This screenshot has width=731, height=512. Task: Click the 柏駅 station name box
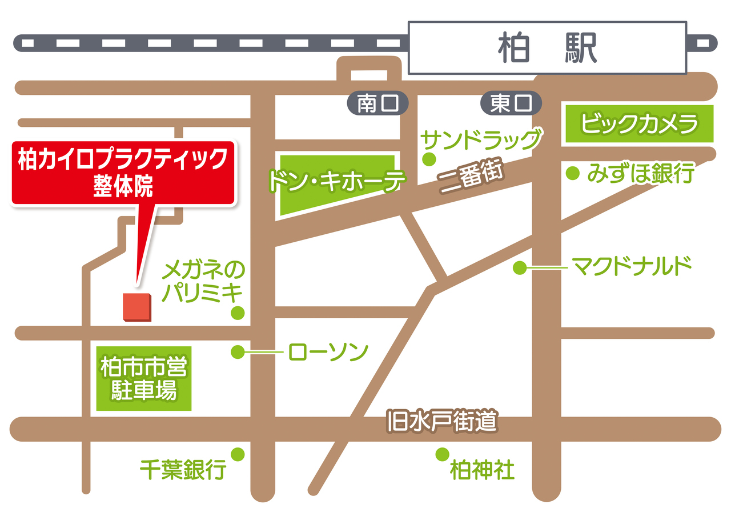[x=547, y=48]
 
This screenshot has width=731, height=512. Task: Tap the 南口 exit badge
[x=378, y=103]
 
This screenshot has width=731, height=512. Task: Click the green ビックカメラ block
[x=640, y=123]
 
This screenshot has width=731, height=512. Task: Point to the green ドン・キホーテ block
[x=337, y=182]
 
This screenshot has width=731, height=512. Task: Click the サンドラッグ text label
[x=480, y=139]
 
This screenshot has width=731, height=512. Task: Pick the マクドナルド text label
[x=632, y=266]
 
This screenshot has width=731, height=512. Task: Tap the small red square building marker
[x=138, y=307]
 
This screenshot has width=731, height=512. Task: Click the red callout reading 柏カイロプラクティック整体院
[x=123, y=171]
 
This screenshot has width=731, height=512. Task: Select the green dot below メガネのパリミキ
[x=238, y=313]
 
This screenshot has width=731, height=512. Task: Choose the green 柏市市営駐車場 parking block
[x=143, y=378]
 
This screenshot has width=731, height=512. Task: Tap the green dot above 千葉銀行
[x=238, y=454]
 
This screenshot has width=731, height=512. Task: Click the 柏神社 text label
[x=482, y=471]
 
